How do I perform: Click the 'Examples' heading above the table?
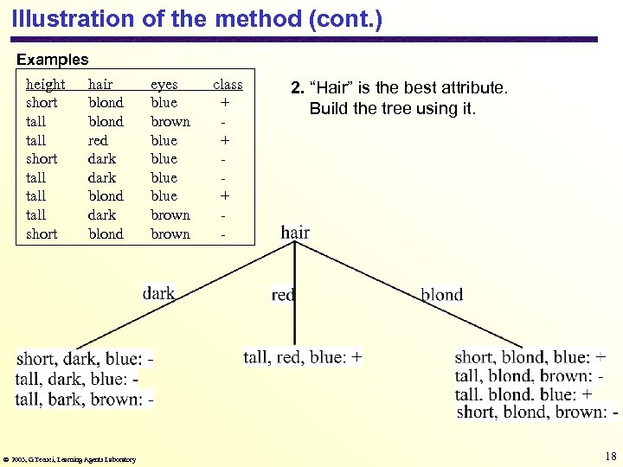point(53,60)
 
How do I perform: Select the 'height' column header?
point(45,84)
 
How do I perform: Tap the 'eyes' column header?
point(164,84)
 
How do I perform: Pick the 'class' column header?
point(228,84)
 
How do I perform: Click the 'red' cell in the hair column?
point(98,140)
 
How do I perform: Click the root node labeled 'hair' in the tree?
point(295,232)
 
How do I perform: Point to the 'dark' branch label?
point(158,293)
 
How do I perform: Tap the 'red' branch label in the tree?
point(282,295)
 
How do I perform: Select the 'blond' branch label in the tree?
point(441,295)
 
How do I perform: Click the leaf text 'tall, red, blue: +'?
point(303,356)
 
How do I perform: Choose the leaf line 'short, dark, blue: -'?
point(85,359)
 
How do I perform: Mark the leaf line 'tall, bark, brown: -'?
point(85,399)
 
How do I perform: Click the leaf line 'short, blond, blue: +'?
point(530,356)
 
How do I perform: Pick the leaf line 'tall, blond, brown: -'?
point(529,375)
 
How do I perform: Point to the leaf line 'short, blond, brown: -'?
point(536,412)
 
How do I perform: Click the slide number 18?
point(611,456)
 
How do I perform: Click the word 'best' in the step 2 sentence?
point(421,87)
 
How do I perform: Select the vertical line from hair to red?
point(294,294)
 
